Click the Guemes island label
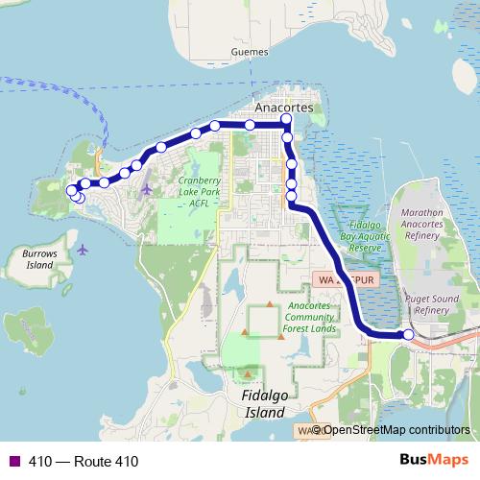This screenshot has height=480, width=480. [249, 52]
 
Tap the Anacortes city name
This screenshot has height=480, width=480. [284, 108]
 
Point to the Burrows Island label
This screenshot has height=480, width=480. [38, 259]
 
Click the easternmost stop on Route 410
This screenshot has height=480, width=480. [408, 334]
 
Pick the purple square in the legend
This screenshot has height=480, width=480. [13, 462]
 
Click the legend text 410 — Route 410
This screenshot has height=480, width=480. [83, 462]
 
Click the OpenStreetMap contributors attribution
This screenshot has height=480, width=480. [396, 430]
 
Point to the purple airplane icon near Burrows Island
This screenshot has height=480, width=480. [83, 250]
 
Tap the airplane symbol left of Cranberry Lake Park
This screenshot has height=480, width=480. [146, 188]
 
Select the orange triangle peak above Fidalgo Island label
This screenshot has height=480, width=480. [249, 373]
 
